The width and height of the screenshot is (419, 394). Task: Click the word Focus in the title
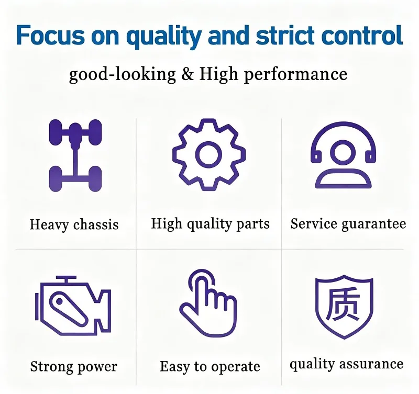coord(50,35)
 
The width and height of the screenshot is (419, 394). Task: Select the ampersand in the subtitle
coord(188,74)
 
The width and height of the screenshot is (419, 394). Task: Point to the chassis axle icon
coord(75,155)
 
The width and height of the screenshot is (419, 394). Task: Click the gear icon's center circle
coord(208,155)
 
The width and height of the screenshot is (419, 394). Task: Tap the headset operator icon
coord(343,155)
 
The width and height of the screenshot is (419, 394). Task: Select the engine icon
coord(73,305)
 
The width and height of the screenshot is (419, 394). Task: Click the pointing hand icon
coord(208,303)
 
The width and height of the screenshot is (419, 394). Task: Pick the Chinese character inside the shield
coord(343,304)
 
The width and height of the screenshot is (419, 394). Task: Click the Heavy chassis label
coord(74,225)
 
